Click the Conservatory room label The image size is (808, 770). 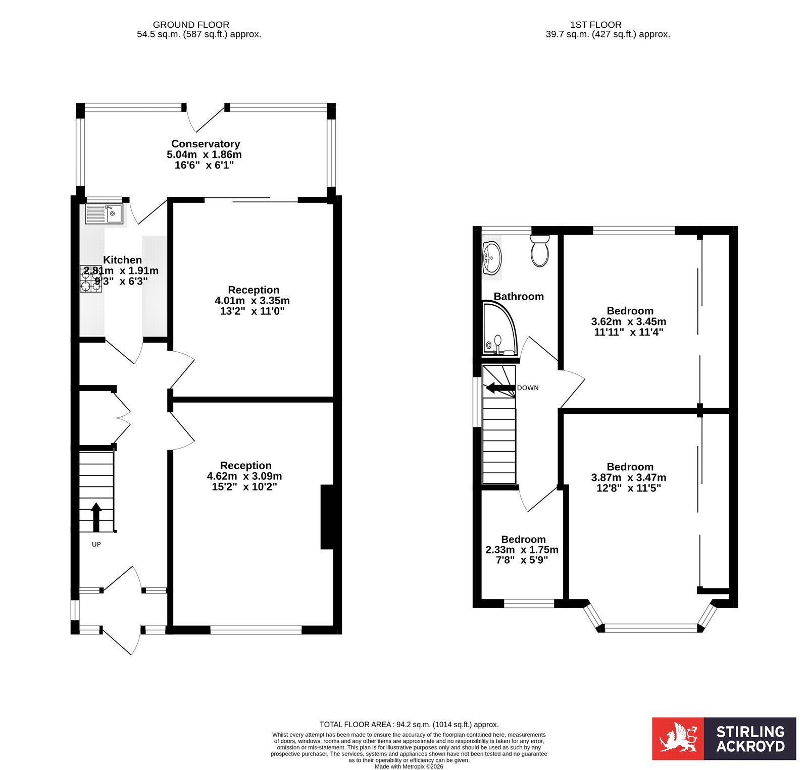206,144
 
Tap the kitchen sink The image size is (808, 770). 104,214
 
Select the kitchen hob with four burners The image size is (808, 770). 91,279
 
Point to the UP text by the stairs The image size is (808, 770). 96,544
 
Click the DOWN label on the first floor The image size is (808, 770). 528,388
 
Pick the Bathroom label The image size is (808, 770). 519,296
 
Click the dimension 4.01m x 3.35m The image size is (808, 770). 252,301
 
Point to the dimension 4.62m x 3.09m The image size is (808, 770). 244,476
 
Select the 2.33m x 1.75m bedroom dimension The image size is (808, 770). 522,550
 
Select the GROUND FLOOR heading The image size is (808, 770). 191,24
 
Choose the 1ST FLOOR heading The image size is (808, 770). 596,24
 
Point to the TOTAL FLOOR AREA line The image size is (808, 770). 409,725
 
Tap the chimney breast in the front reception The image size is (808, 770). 327,517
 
